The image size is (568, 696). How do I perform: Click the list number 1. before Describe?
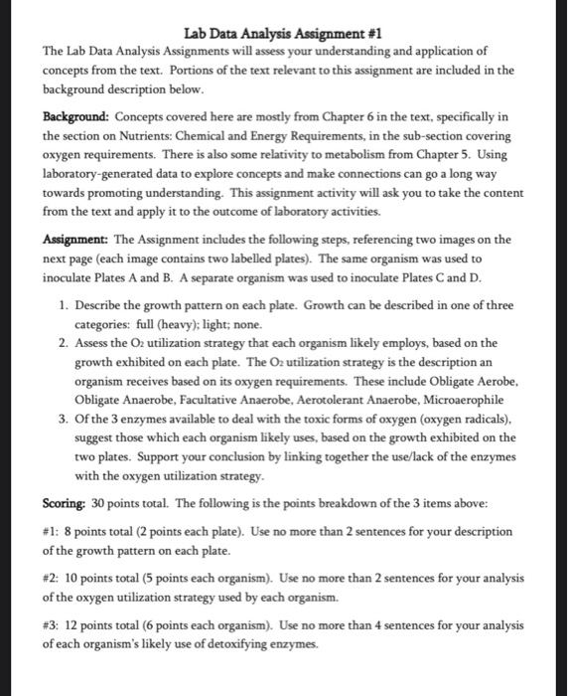(66, 302)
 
